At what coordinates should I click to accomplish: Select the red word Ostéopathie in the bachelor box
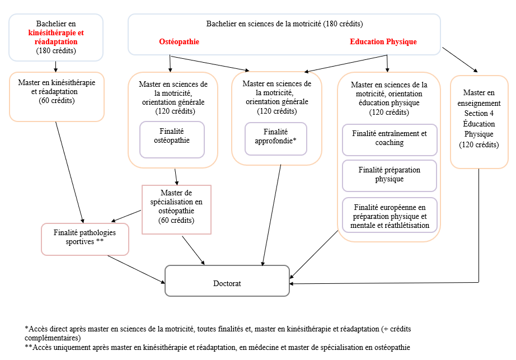tap(179, 42)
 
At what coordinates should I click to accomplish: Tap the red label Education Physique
tap(383, 42)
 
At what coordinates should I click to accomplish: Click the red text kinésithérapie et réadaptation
tap(56, 38)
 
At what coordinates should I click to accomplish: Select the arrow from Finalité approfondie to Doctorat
tap(271, 216)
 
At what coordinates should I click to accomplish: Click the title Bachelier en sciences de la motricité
tap(284, 24)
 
